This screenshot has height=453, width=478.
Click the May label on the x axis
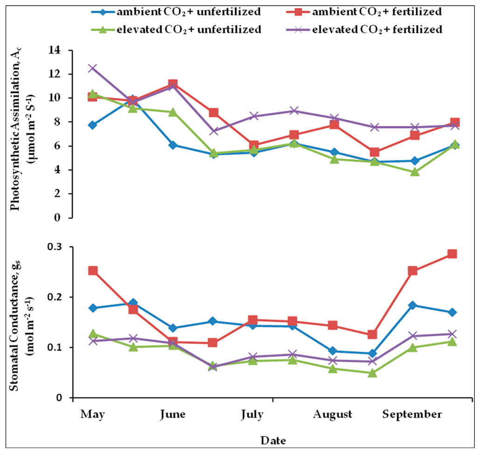click(x=92, y=415)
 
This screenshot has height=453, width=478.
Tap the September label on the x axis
click(x=412, y=415)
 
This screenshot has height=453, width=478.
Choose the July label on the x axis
click(x=252, y=415)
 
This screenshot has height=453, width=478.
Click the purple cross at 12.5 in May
click(x=92, y=68)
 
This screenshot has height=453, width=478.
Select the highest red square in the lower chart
click(x=452, y=254)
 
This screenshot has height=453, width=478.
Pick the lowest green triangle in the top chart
click(x=415, y=172)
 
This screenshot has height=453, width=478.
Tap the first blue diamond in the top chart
click(x=92, y=125)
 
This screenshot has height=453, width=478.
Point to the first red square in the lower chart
click(x=92, y=271)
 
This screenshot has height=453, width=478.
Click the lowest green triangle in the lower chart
click(x=373, y=373)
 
